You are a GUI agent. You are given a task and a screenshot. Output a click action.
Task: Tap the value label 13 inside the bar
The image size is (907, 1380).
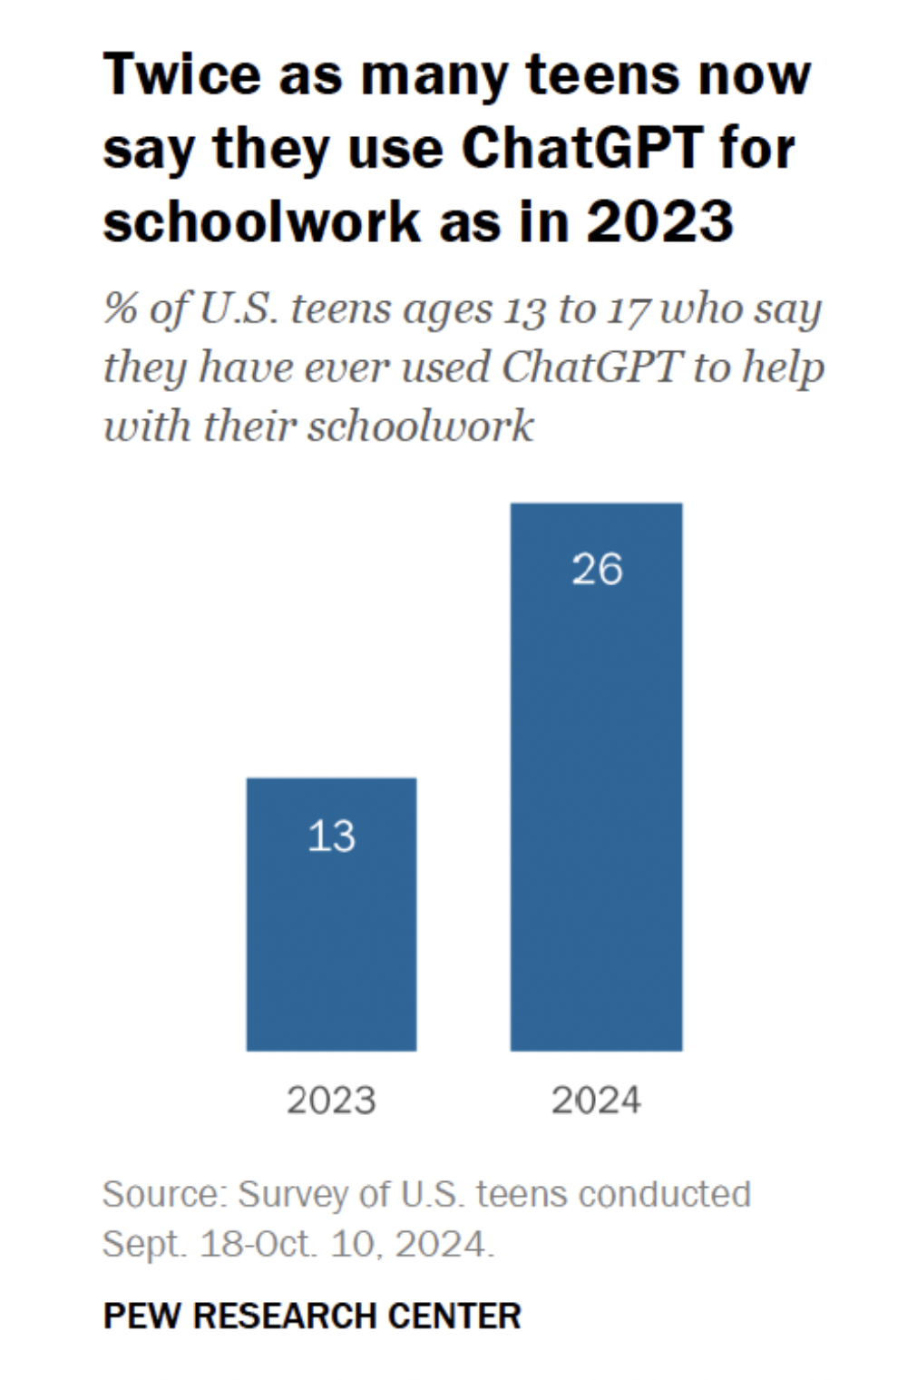click(x=331, y=836)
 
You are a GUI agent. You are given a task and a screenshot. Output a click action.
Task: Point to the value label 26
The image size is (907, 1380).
click(x=597, y=570)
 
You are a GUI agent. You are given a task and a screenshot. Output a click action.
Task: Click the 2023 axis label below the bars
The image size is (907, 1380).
click(x=331, y=1101)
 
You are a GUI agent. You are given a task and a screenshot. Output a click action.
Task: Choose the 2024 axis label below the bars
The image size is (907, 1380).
click(x=596, y=1101)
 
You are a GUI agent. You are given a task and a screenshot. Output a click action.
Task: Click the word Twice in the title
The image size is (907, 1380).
click(x=181, y=74)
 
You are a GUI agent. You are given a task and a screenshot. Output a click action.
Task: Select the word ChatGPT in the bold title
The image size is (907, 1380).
click(x=582, y=148)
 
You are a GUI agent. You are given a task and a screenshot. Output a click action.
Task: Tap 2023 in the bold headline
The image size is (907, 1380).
click(x=659, y=221)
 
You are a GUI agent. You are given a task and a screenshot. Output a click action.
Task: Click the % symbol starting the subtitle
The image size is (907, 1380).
click(x=120, y=308)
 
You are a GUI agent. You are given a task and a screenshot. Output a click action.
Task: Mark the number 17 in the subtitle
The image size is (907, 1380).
click(x=628, y=310)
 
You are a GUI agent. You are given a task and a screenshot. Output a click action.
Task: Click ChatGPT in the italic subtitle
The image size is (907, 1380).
click(x=590, y=367)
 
